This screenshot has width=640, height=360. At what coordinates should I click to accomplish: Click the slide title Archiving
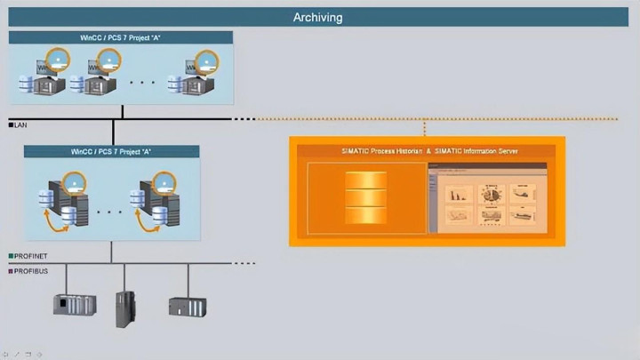point(317,17)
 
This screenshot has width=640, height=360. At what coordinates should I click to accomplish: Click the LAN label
point(22,125)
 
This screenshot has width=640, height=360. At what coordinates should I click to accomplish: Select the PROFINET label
point(32,256)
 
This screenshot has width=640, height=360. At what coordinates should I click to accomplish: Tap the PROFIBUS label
point(32,270)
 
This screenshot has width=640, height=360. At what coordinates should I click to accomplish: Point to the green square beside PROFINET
point(11,256)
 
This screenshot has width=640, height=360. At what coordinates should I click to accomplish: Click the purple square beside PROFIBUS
point(11,270)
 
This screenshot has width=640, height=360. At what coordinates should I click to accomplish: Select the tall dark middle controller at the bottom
point(125,308)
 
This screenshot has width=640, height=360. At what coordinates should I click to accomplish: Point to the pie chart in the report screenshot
point(490,193)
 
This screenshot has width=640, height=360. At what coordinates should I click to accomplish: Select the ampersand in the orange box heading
point(429,151)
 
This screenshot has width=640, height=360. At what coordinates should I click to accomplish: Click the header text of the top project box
point(121,37)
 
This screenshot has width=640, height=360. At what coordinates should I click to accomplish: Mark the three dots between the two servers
point(110,212)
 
